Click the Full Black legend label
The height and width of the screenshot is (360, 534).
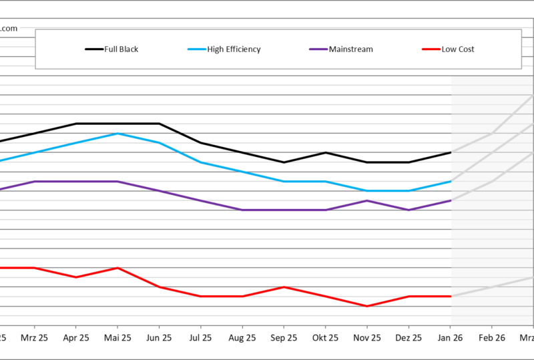pos(121,49)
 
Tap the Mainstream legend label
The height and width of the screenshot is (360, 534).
pos(351,49)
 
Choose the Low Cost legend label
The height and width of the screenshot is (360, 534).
pos(458,49)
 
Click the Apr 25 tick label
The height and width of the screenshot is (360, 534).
pos(75,338)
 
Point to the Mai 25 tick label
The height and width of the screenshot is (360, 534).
pos(117,338)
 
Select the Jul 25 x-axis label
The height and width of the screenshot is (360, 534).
pos(200,338)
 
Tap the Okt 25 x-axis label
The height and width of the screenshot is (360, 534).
pos(325,338)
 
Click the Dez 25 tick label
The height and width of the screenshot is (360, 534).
pos(409,338)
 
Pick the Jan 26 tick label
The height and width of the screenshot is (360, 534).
pos(450,338)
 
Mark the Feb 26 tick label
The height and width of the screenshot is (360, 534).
pos(492,338)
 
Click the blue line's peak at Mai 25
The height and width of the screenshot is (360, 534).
pos(117,134)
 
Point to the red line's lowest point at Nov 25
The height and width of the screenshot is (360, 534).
pos(367,306)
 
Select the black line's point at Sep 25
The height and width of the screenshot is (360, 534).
pos(284,162)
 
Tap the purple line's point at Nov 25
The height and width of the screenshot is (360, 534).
pos(367,200)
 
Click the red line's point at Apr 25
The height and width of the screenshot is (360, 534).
pos(75,277)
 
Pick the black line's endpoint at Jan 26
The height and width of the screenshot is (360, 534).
pos(451,152)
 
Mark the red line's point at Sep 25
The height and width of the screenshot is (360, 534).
pos(284,287)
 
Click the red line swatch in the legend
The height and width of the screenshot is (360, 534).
pos(431,49)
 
